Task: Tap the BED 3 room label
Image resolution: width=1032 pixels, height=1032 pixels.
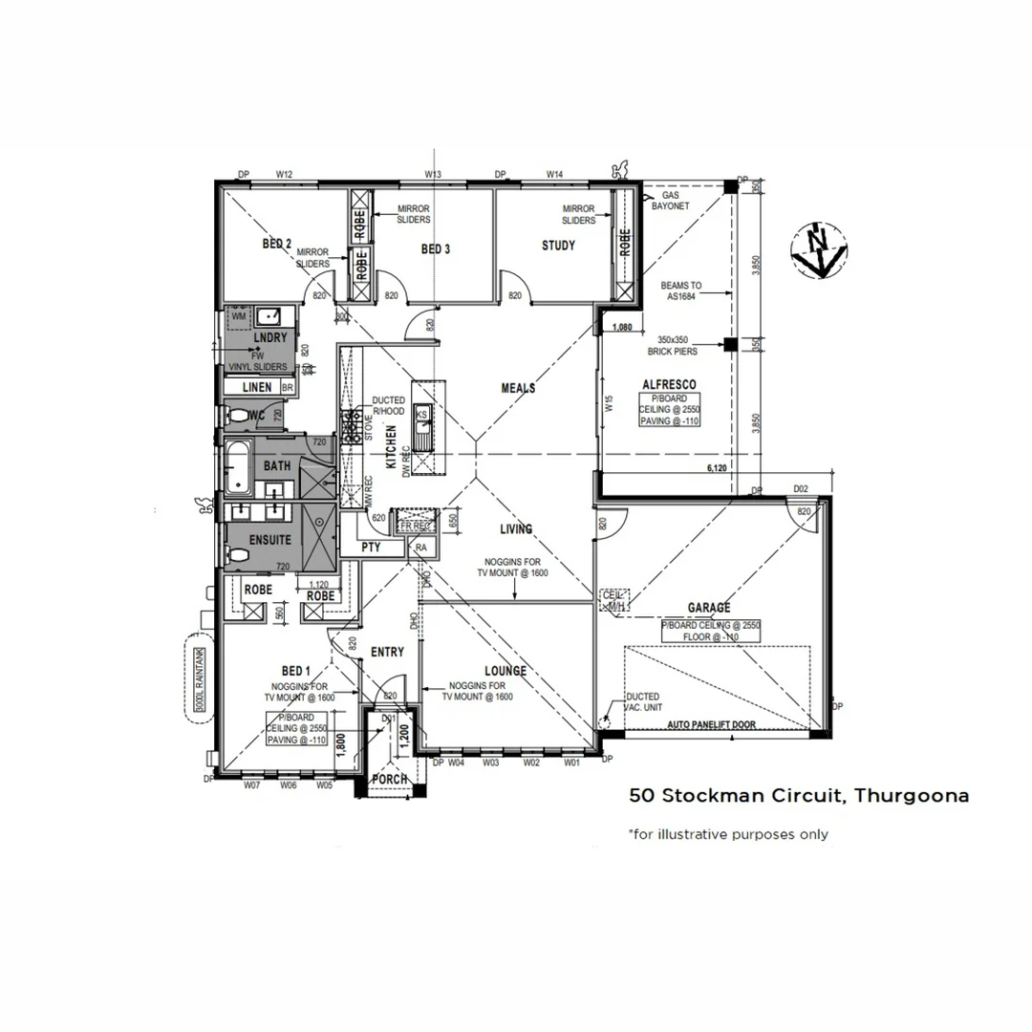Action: (x=435, y=249)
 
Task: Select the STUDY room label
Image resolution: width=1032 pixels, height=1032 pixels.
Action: (x=558, y=246)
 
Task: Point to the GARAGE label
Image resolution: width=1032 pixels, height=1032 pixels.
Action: (x=709, y=608)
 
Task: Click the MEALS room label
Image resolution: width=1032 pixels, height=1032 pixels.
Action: (x=518, y=388)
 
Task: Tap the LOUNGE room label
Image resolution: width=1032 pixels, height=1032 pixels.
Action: (x=505, y=671)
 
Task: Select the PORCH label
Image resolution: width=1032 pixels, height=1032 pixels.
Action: (x=390, y=780)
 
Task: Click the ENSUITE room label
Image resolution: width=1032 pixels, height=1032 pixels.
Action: (x=269, y=540)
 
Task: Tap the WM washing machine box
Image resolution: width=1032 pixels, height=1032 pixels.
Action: (x=237, y=314)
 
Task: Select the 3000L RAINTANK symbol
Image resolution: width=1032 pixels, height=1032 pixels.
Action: (x=200, y=677)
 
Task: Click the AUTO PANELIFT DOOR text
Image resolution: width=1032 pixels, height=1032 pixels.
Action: (x=712, y=725)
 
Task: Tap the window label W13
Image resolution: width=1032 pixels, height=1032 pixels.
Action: (x=432, y=174)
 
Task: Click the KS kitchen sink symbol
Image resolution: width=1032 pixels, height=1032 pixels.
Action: (x=421, y=414)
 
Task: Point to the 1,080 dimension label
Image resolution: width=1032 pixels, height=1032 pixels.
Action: (x=621, y=327)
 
